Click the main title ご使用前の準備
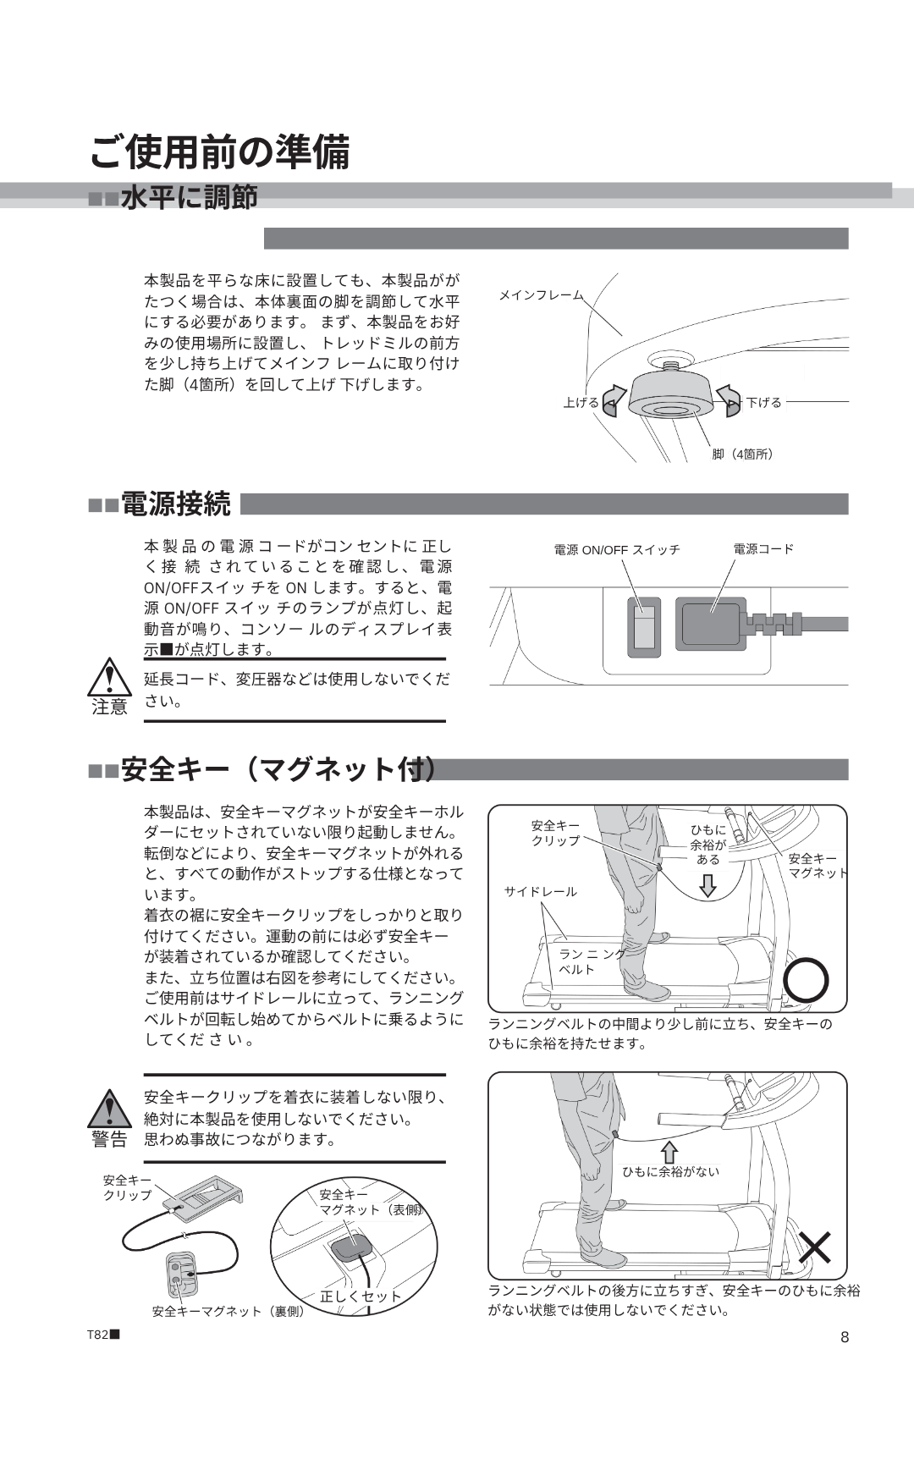(x=219, y=152)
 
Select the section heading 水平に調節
(x=189, y=198)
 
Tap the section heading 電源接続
(x=175, y=504)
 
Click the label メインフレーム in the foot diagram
(x=541, y=295)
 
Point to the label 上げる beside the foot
(x=581, y=403)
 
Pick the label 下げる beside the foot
(x=764, y=403)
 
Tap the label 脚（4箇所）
(x=743, y=454)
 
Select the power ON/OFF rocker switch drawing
(x=643, y=625)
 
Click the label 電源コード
(x=763, y=549)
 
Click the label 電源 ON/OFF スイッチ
(x=617, y=550)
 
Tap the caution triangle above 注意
(x=110, y=677)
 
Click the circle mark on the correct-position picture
(x=806, y=981)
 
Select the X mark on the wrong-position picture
(x=815, y=1247)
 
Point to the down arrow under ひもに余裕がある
(x=708, y=885)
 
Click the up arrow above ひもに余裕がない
(x=669, y=1152)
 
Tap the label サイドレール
(x=541, y=892)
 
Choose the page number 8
(x=844, y=1337)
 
